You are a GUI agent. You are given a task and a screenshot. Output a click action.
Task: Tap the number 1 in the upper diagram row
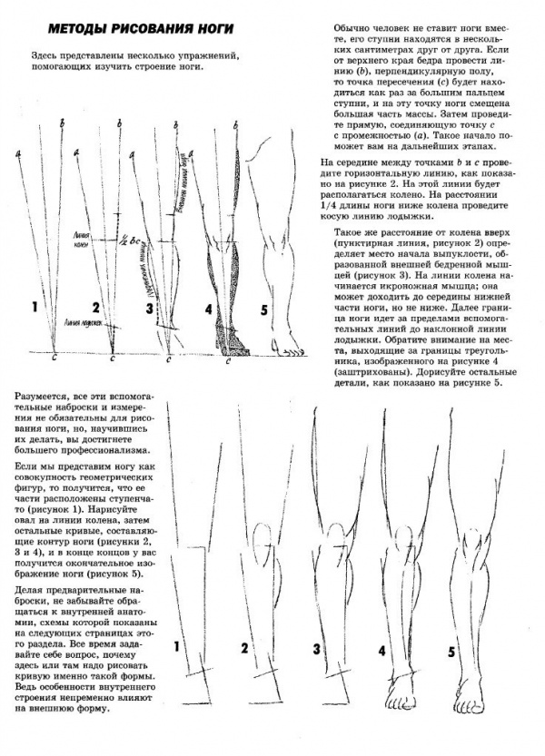(x=35, y=309)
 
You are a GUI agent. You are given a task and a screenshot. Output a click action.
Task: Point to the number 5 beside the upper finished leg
(x=263, y=309)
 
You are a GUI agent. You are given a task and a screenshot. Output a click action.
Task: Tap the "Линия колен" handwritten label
(x=88, y=239)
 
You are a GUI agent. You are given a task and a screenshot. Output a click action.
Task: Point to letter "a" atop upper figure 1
(x=19, y=156)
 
